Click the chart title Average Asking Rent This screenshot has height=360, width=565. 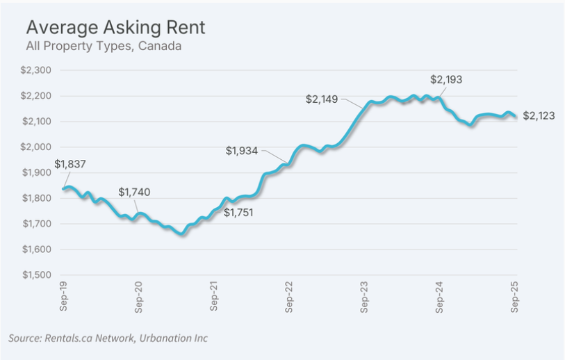115,27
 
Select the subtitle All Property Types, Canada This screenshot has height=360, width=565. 104,47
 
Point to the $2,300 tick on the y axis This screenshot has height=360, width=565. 37,70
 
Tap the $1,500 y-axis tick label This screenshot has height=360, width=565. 37,275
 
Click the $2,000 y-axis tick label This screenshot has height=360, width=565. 37,147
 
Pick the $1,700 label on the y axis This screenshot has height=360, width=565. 37,224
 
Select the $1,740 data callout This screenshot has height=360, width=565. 134,192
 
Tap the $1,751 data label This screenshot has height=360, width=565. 238,213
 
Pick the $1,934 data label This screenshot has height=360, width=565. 242,150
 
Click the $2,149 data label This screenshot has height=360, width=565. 322,99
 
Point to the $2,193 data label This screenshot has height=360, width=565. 446,80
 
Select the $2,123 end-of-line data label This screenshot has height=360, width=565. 539,115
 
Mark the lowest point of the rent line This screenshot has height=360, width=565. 182,234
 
